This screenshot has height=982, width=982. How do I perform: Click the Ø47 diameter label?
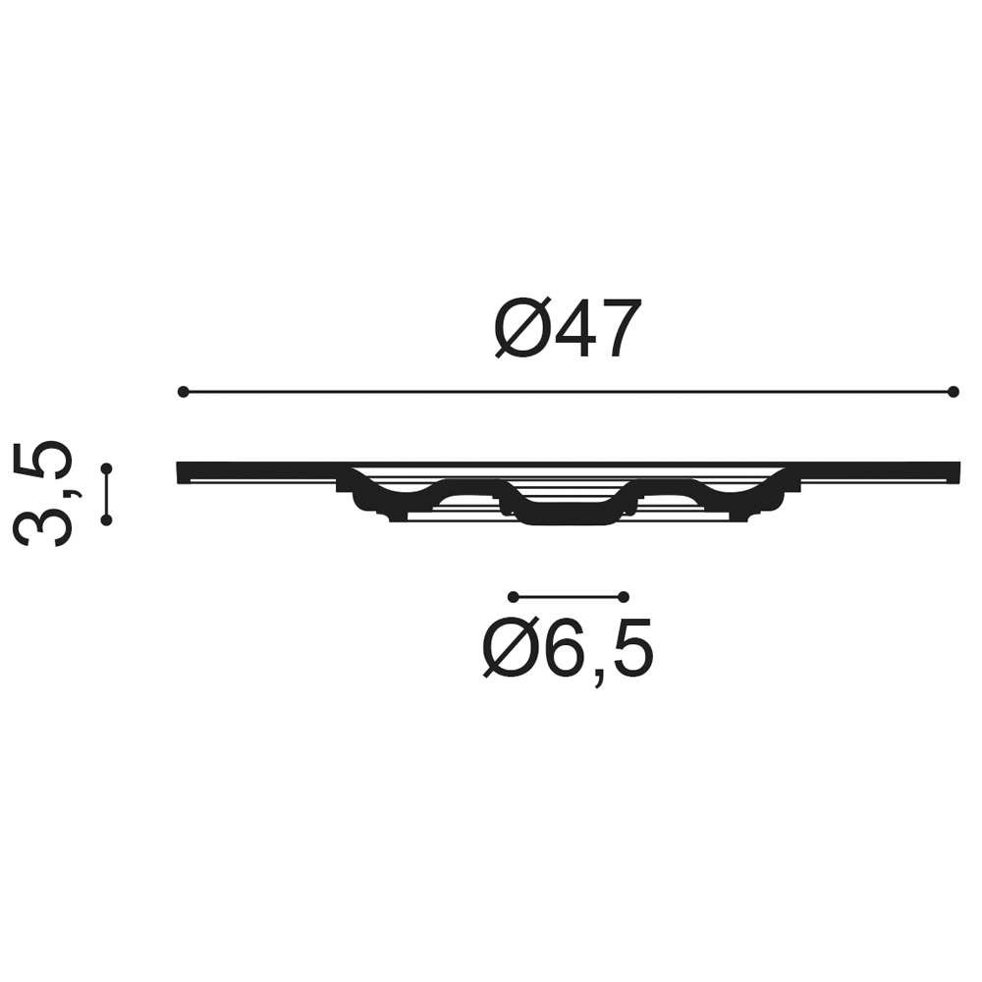[568, 328]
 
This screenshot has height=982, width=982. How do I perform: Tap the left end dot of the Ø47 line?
[183, 392]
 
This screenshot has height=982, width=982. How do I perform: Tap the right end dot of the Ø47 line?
[954, 392]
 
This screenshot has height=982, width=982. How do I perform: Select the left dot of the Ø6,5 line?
[514, 597]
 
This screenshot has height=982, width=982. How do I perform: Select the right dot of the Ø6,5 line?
[624, 597]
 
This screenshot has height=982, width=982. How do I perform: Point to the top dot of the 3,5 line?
[106, 468]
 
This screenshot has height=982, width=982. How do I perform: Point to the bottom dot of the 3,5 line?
[106, 519]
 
